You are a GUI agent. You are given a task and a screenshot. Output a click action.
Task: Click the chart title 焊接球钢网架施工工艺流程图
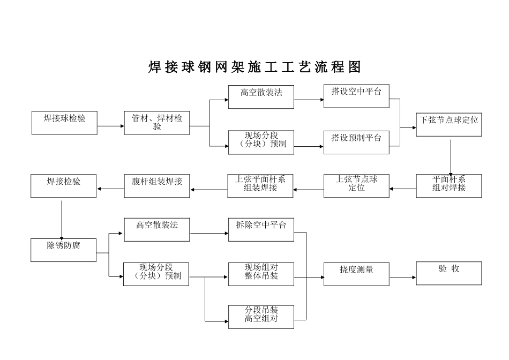pos(254,67)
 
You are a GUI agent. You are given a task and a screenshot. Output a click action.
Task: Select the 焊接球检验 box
pos(64,123)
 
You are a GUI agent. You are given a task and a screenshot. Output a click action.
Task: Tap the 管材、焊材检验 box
pos(157,123)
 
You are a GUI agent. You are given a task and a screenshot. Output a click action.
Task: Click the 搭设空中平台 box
pos(356,96)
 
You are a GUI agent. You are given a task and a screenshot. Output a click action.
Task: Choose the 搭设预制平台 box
pos(356,142)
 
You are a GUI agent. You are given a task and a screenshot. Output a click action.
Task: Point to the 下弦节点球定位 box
pos(449,124)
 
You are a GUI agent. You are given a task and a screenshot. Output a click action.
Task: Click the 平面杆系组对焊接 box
pos(449,185)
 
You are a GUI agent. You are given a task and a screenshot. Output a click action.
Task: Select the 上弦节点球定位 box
pos(356,185)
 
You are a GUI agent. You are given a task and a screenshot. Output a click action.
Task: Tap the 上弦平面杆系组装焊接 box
pos(260,185)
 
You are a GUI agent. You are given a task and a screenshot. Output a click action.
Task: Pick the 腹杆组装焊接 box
pos(157,185)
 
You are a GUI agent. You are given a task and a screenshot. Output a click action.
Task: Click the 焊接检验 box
pos(64,185)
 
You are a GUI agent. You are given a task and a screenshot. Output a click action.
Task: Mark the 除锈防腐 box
pos(64,250)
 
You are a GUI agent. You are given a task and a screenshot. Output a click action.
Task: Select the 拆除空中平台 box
pos(261,229)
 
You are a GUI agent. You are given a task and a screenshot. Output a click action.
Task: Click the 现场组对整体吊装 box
pos(261,273)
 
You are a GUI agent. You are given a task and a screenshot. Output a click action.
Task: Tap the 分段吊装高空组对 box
pos(261,317)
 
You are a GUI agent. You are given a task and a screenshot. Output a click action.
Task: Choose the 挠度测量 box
pos(356,273)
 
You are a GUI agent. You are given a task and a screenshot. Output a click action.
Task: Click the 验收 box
pos(449,273)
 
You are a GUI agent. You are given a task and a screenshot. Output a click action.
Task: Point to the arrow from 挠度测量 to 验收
pos(402,277)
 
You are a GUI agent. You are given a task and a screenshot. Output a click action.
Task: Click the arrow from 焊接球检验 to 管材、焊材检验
pos(111,126)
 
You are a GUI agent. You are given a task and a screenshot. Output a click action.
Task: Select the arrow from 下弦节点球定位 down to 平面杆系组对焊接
pos(451,155)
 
